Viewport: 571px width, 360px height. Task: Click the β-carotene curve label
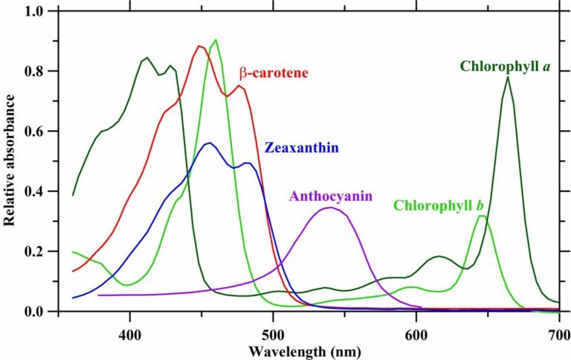[274, 74]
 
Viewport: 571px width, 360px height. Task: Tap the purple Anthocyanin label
[331, 197]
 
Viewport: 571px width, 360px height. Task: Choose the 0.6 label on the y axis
[34, 132]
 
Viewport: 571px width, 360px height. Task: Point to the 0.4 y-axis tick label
[34, 192]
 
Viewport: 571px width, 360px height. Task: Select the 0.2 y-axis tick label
[34, 251]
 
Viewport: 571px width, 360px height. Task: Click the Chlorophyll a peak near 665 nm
[508, 77]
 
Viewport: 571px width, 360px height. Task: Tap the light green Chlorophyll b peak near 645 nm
[482, 216]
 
